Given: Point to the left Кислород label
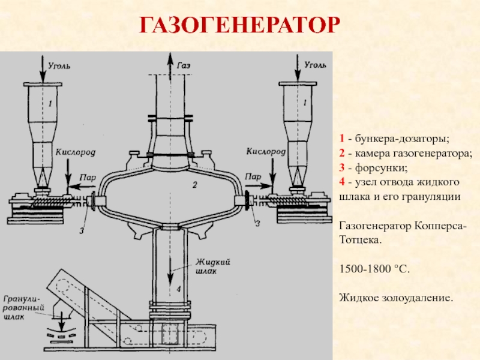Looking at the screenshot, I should tap(73, 153).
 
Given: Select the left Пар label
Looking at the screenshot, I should tap(88, 177).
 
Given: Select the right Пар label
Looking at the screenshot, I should tap(252, 177).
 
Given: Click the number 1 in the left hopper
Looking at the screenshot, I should tap(50, 104).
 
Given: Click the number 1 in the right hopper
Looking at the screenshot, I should tap(305, 103).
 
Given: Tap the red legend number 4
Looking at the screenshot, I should tap(342, 182).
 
